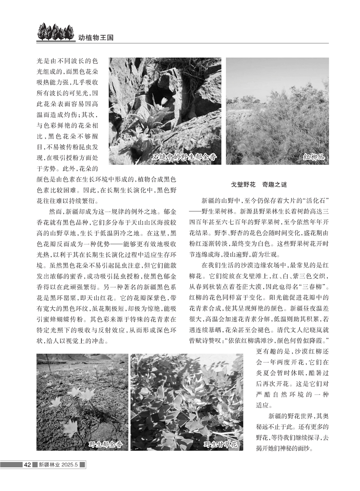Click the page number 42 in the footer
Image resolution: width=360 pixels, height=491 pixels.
27,465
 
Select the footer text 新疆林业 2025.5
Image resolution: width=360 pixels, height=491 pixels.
59,465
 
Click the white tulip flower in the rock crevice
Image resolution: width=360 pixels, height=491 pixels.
164,101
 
